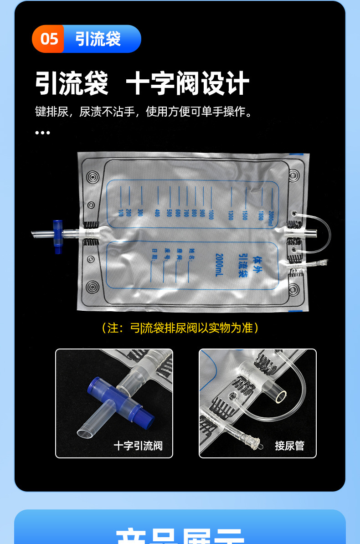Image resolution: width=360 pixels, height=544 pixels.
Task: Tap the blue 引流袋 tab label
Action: pos(98,39)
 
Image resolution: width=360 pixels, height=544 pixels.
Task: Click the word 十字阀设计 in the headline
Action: pos(187,83)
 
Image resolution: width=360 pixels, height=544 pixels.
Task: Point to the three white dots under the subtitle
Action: pos(42,133)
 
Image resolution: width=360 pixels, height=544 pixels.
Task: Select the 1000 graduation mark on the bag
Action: pos(211,214)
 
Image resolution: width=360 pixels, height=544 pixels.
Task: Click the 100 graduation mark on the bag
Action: pos(121,212)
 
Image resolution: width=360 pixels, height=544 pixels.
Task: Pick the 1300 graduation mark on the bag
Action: pos(231,215)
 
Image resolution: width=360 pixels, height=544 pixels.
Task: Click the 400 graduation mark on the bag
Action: pos(157,212)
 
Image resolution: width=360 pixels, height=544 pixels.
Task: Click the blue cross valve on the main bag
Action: pos(57,236)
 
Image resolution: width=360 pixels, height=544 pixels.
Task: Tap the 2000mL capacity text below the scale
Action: pos(219,265)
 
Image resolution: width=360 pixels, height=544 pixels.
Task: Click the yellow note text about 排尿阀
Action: pos(180,328)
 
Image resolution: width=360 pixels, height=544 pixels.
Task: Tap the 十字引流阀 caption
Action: pos(138,445)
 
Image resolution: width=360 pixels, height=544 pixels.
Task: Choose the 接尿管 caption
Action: pos(289,445)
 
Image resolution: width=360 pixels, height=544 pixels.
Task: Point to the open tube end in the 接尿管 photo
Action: pos(282,396)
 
